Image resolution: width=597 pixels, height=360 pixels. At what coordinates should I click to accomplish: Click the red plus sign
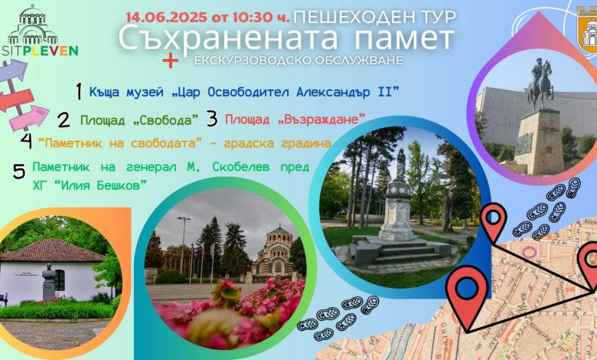pos(171,61)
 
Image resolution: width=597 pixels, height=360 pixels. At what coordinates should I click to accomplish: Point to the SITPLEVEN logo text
pos(39,51)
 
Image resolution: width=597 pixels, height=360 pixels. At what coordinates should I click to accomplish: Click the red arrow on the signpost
pos(16,100)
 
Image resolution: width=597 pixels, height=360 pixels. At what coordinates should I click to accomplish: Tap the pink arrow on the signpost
pos(29,118)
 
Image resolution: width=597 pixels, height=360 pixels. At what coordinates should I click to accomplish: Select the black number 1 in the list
pos(79,92)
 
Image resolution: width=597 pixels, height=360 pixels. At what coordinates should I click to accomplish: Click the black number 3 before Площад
pos(212,119)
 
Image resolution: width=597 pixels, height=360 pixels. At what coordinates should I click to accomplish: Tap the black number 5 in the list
pos(18,171)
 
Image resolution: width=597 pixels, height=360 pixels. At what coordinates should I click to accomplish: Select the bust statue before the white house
pos(49,281)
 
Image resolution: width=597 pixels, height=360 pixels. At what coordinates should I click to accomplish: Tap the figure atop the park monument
pos(400,164)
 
